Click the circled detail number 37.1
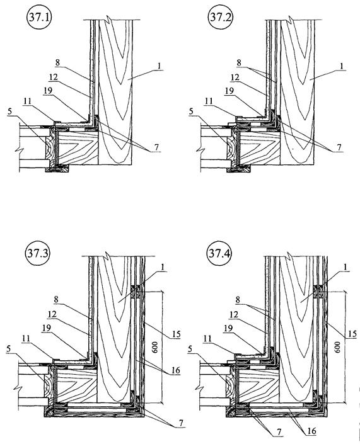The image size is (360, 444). coord(39,18)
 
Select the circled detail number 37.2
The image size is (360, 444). coord(220,17)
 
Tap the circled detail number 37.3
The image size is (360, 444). coord(37,253)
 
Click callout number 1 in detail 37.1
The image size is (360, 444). coord(160,66)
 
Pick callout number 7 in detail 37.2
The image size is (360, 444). coord(339,147)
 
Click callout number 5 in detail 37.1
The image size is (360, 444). coord(10,111)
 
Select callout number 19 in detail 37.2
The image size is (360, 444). coord(229,91)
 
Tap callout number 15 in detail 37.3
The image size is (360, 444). coord(176,334)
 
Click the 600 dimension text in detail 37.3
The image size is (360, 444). coord(155,347)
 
